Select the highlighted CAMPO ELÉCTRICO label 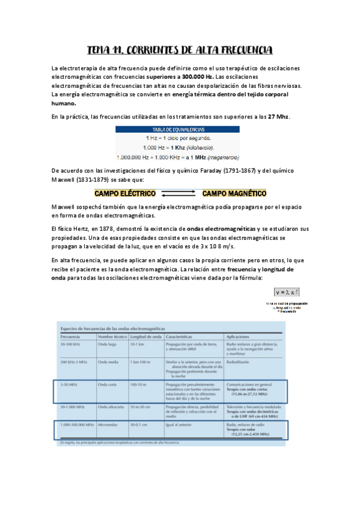(x=125, y=194)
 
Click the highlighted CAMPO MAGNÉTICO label (x=234, y=194)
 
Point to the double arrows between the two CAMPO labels (x=178, y=194)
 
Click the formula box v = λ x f (x=287, y=292)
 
